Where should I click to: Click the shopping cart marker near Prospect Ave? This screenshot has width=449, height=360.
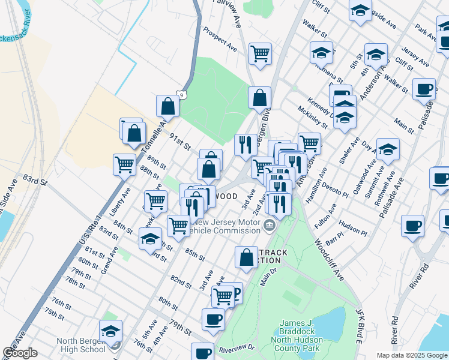tap(260, 53)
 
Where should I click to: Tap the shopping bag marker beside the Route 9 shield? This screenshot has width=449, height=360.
tap(168, 106)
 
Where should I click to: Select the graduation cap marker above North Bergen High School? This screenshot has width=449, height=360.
tap(110, 331)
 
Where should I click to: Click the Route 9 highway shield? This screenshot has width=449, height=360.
tap(182, 94)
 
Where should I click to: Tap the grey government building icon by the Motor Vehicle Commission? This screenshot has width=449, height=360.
tap(270, 226)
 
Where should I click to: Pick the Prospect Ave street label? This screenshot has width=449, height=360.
tap(220, 38)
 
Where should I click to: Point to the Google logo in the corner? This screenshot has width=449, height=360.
tap(20, 353)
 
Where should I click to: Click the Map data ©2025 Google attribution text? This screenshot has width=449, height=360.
tap(411, 355)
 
